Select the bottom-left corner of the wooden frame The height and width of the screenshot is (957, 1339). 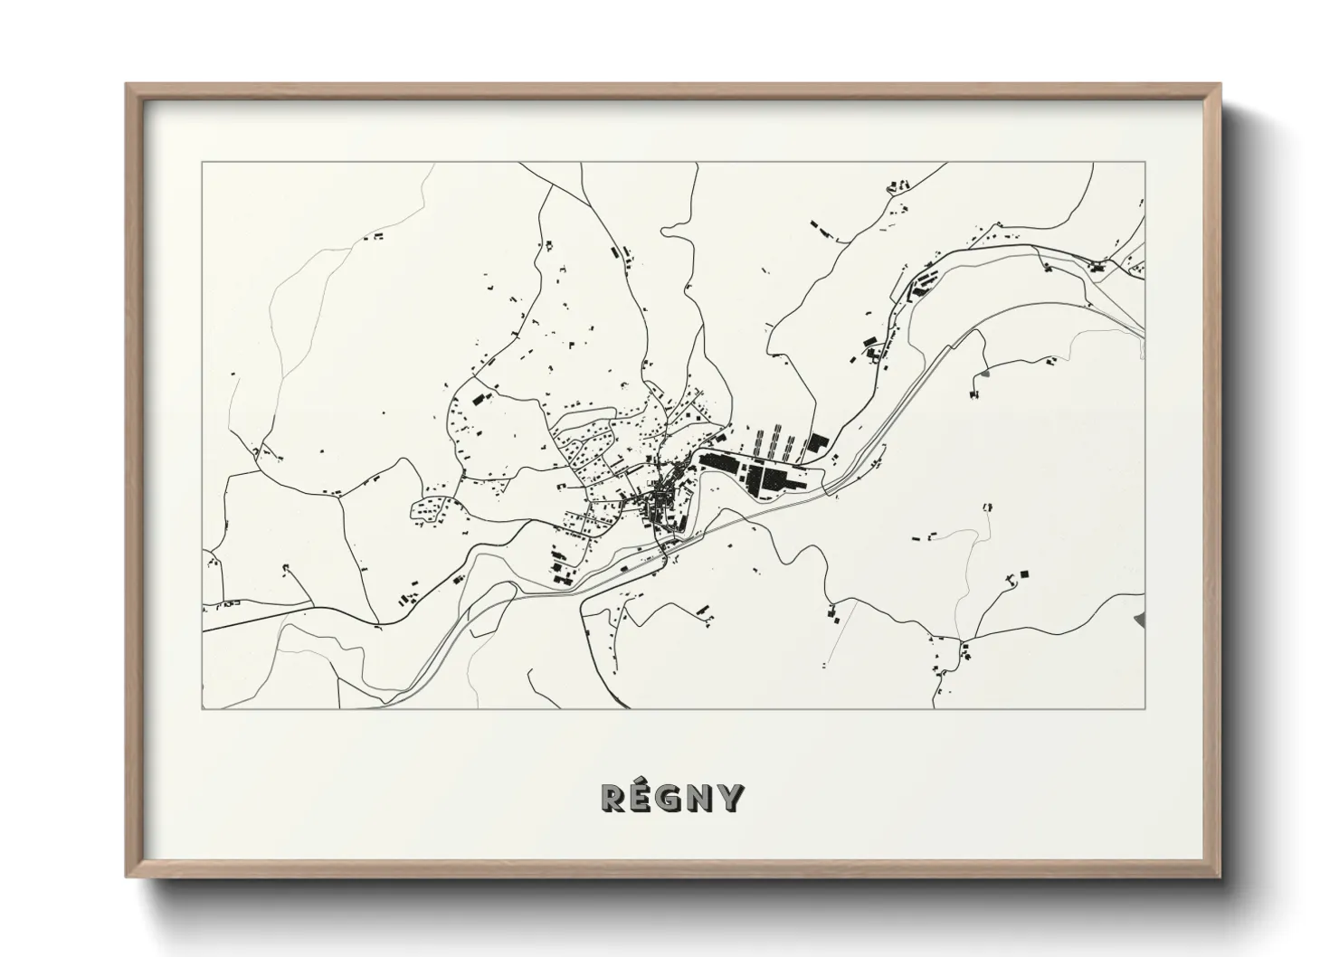pos(128,876)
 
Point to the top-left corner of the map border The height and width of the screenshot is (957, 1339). pos(202,163)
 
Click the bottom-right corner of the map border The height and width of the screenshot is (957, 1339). pos(1145,708)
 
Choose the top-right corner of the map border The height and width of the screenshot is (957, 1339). pos(1145,163)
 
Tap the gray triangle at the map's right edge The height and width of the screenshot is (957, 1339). pos(1140,620)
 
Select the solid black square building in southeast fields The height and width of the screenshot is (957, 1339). pos(1024,573)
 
